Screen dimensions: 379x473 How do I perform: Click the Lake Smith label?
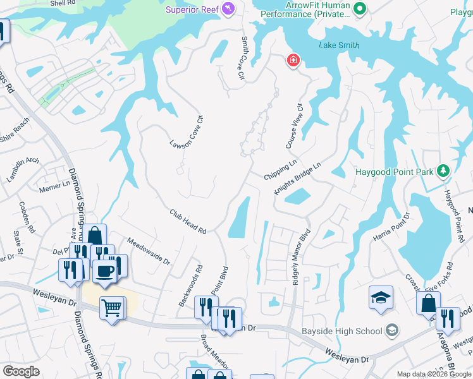pyautogui.click(x=339, y=45)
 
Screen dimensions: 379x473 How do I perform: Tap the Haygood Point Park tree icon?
pyautogui.click(x=443, y=171)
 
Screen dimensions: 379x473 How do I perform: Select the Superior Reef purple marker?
pyautogui.click(x=229, y=9)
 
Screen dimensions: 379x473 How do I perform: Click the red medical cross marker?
pyautogui.click(x=293, y=61)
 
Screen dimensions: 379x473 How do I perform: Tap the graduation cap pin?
pyautogui.click(x=381, y=298)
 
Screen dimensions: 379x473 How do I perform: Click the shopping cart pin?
pyautogui.click(x=112, y=308)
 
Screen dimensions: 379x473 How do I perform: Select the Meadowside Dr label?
pyautogui.click(x=149, y=251)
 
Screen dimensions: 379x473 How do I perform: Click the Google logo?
pyautogui.click(x=21, y=371)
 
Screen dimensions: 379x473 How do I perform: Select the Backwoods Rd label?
pyautogui.click(x=190, y=286)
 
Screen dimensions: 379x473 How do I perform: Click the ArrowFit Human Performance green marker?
pyautogui.click(x=360, y=9)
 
